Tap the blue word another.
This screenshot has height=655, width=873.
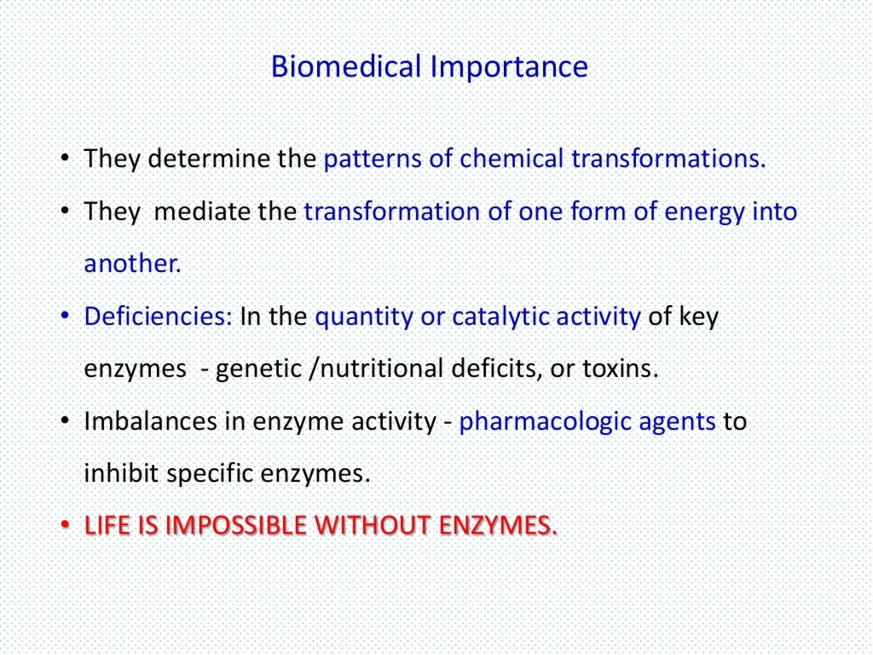(133, 263)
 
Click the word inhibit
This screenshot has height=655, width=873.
(121, 473)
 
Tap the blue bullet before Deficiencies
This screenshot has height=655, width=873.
(65, 316)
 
